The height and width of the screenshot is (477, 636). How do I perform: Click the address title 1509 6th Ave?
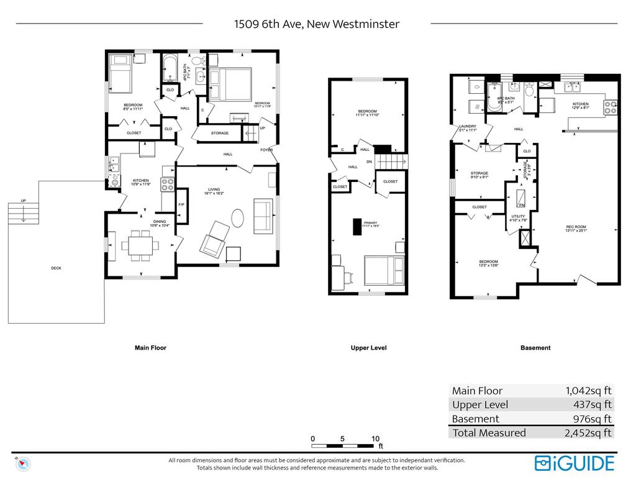click(316, 24)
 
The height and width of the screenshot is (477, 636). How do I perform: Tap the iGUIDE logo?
click(575, 463)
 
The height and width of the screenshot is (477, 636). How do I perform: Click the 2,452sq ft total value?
click(588, 433)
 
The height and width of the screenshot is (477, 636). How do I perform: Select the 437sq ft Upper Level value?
click(593, 404)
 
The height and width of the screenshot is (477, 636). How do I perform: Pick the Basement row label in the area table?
click(475, 419)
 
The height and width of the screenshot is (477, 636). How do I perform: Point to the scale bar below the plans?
click(343, 445)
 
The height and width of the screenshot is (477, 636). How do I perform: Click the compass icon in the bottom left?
click(24, 463)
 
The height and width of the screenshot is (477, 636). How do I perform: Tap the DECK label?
click(56, 268)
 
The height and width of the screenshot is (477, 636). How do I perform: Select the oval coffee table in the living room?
click(239, 218)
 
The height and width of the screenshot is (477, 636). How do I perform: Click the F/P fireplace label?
click(181, 204)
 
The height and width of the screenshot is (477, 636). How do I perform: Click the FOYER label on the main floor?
click(266, 150)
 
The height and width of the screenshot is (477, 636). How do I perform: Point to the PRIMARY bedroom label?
click(370, 223)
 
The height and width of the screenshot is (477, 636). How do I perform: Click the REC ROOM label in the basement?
click(576, 227)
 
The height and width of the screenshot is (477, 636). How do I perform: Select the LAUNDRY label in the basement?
click(467, 126)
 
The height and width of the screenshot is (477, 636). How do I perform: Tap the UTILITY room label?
click(518, 216)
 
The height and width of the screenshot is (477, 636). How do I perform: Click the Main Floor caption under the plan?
click(150, 348)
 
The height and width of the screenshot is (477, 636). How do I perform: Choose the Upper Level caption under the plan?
click(368, 348)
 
